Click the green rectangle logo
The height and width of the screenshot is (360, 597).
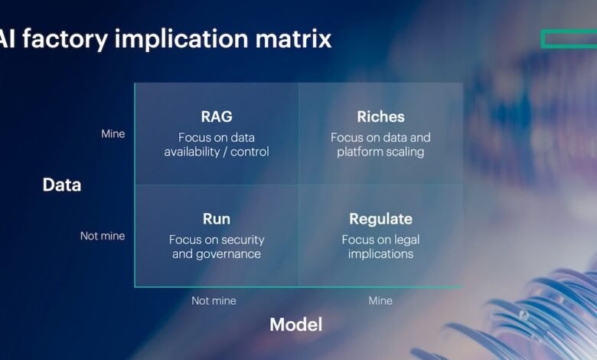(568, 38)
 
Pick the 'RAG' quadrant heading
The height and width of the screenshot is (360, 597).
(216, 117)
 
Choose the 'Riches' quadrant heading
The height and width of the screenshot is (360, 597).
(380, 117)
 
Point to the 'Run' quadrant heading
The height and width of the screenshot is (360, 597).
(216, 219)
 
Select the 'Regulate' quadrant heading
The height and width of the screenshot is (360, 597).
(380, 219)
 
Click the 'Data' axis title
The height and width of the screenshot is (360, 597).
(61, 185)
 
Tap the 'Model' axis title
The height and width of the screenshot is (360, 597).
(295, 324)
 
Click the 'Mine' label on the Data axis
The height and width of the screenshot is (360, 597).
(113, 134)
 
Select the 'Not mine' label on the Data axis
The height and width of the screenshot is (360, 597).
(103, 236)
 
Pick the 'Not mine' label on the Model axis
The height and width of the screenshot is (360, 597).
(214, 301)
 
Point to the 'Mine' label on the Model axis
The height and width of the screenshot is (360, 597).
(380, 301)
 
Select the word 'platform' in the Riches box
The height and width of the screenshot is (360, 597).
(360, 152)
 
